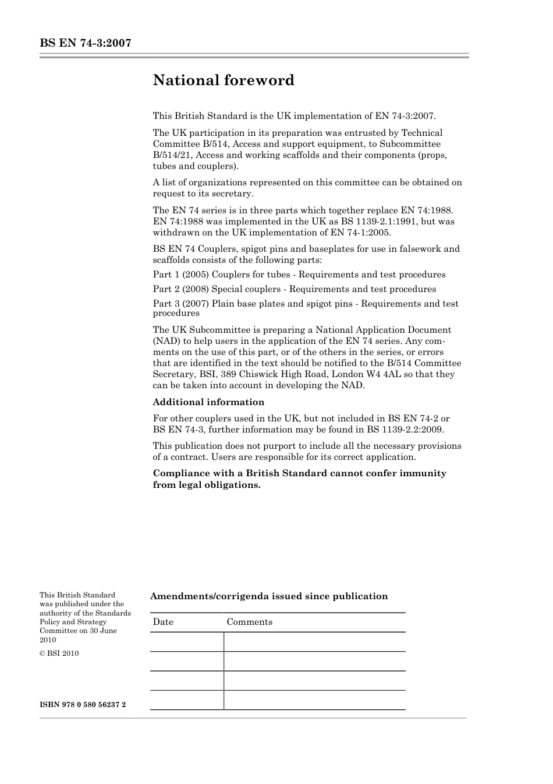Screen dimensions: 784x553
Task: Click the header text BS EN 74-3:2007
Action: point(85,43)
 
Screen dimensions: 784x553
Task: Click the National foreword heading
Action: point(224,80)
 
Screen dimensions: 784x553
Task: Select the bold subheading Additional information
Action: point(208,402)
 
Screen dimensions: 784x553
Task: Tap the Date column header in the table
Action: point(163,622)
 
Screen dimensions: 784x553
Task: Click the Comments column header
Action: point(249,622)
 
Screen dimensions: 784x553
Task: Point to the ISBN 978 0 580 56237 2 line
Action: point(83,705)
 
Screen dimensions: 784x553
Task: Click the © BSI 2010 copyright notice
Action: point(59,653)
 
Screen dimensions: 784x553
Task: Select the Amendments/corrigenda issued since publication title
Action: point(269,596)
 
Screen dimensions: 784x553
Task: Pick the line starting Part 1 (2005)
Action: point(299,275)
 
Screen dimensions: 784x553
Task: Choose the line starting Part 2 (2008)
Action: point(294,289)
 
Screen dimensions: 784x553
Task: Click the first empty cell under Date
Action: point(187,642)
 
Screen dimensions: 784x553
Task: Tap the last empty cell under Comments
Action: point(314,700)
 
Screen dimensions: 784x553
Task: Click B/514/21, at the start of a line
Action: point(173,155)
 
